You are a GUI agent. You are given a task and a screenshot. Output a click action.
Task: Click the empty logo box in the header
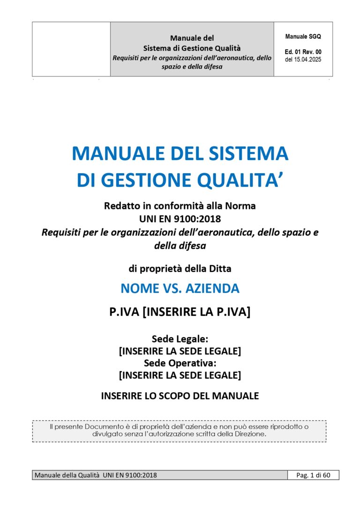pyautogui.click(x=71, y=49)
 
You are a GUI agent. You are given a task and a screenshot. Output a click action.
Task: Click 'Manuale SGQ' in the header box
pyautogui.click(x=303, y=37)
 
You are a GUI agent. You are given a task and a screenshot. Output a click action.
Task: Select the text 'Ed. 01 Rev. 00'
pyautogui.click(x=303, y=52)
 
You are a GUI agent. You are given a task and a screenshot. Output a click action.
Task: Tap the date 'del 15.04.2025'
pyautogui.click(x=303, y=60)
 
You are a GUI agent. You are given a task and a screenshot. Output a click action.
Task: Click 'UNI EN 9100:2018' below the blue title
pyautogui.click(x=180, y=219)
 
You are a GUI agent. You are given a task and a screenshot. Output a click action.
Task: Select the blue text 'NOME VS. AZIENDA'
pyautogui.click(x=180, y=289)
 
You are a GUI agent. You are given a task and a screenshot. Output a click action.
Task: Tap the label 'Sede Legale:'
pyautogui.click(x=180, y=339)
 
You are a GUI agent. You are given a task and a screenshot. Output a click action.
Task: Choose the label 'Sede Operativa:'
pyautogui.click(x=180, y=363)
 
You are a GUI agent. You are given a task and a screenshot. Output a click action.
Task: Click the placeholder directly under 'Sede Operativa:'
pyautogui.click(x=180, y=375)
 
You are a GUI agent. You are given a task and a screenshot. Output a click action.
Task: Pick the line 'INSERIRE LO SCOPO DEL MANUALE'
pyautogui.click(x=180, y=396)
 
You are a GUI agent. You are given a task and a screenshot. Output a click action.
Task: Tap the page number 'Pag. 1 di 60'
pyautogui.click(x=313, y=475)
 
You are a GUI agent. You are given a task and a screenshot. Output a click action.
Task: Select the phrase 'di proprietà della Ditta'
pyautogui.click(x=180, y=269)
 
